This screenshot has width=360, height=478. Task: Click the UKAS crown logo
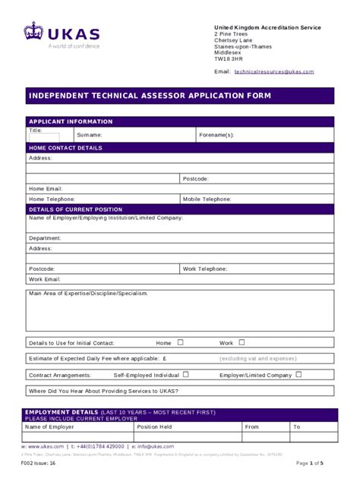pos(34,32)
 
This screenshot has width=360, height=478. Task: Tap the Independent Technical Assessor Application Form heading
pos(149,96)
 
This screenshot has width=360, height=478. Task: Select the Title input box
pos(44,137)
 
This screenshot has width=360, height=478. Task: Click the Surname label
pos(89,135)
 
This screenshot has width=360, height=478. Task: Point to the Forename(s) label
pos(216,135)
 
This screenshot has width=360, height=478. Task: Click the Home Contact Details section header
pos(65,148)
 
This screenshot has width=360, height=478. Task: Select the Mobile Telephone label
pos(207,199)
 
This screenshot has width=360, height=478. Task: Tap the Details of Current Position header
pos(74,209)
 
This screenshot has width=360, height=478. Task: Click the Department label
pos(45,238)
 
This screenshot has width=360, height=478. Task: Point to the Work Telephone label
pos(204,269)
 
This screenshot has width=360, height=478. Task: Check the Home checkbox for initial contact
pos(181,342)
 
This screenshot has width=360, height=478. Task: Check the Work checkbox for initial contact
pos(242,342)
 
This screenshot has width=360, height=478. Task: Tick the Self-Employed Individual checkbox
pos(185,374)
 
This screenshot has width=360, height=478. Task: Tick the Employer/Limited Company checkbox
pos(298,374)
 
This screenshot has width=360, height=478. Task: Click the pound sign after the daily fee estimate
pos(164,359)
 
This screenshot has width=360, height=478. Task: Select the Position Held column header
pos(154,427)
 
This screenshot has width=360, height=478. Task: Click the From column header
pos(252,427)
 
